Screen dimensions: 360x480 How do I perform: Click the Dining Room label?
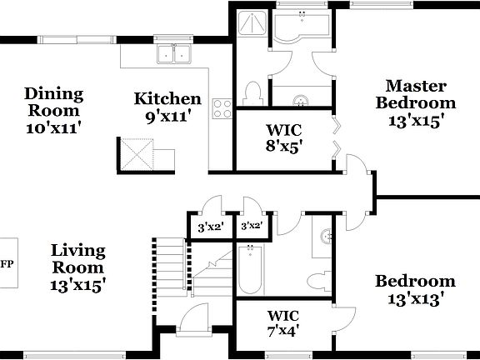[52, 110]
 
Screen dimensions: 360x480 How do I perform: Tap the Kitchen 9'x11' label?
[167, 107]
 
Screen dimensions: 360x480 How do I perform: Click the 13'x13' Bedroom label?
[414, 289]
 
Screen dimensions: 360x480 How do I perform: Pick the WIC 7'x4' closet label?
[282, 322]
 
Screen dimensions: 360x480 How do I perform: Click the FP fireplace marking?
[7, 265]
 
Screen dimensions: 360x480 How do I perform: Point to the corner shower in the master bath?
[251, 27]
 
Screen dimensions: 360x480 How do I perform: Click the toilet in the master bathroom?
[252, 92]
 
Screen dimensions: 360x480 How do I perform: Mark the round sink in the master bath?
[300, 101]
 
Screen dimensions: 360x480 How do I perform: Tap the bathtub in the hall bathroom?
[251, 270]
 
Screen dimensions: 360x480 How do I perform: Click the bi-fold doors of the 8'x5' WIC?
[337, 138]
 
